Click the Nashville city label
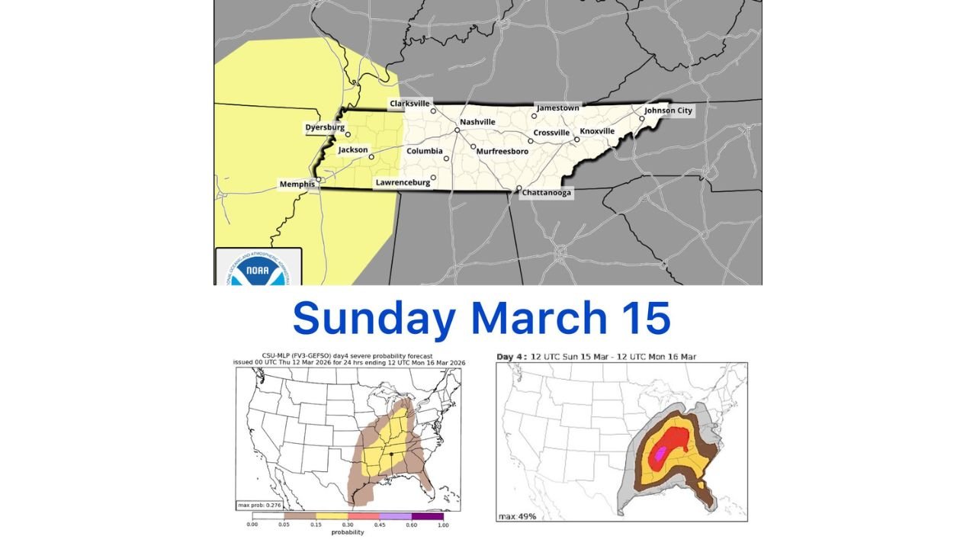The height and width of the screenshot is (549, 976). pos(477,122)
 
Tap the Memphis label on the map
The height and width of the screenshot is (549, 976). pos(297,185)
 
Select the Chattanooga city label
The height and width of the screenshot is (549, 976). pos(546,194)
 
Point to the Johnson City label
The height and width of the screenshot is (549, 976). pos(669,111)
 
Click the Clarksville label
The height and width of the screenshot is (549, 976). pos(410,103)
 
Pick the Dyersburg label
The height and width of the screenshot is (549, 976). pos(325,127)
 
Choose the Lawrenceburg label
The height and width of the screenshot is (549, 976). pos(403,183)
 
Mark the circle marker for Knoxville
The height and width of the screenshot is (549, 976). pos(577,139)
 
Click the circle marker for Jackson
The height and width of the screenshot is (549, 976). pos(371,157)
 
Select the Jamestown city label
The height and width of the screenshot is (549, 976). pos(558,108)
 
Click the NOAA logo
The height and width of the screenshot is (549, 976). pos(259,268)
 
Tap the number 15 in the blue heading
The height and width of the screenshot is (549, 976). pos(648,318)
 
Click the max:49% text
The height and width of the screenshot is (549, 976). pos(517,516)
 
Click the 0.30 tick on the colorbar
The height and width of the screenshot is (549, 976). pos(348,525)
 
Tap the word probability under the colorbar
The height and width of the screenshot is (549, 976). pos(347,532)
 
